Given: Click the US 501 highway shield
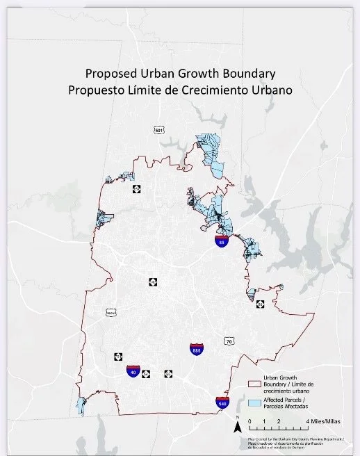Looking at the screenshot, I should [x=159, y=129].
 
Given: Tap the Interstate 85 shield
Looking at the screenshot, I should [x=220, y=241].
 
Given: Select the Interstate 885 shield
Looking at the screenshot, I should [x=197, y=350].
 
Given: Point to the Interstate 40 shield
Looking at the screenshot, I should [x=133, y=371].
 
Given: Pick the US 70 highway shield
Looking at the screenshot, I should [x=228, y=341].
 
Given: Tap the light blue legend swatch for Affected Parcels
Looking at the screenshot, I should [x=254, y=403].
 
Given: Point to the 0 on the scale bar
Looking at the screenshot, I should [x=249, y=421].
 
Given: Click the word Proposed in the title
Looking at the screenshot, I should [x=107, y=72].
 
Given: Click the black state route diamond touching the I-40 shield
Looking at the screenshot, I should [x=146, y=374].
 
